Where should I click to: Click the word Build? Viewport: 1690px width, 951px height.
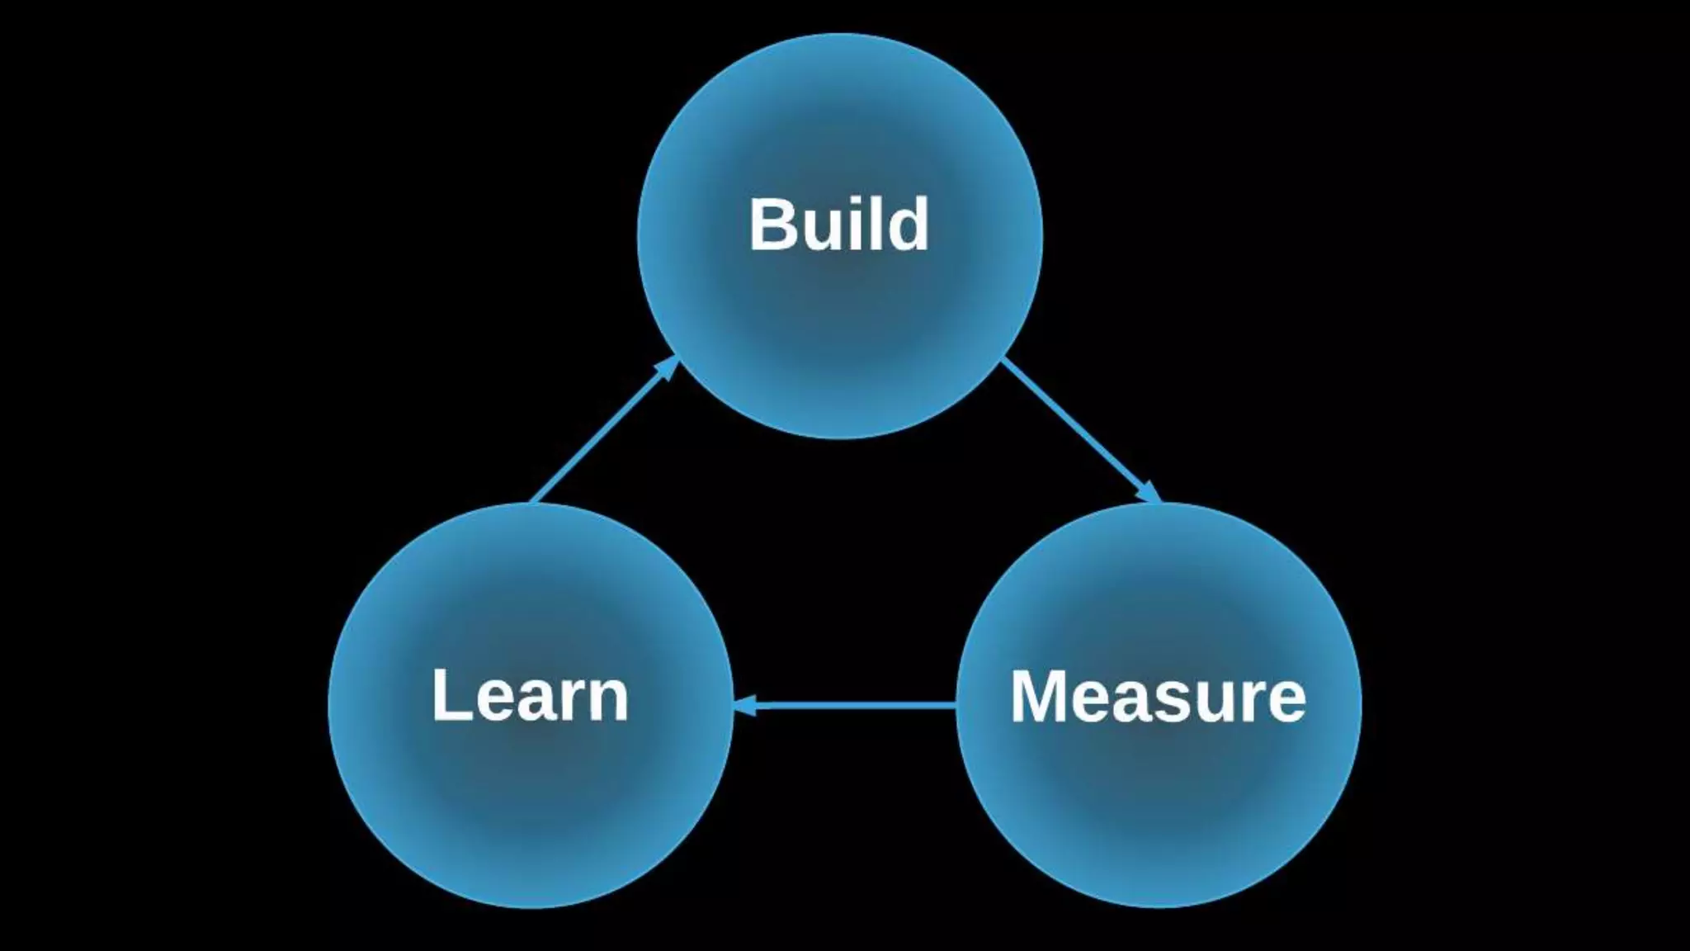[x=838, y=224]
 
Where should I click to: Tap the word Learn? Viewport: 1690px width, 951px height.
[x=530, y=696]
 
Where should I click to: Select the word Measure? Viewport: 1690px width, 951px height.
[x=1158, y=698]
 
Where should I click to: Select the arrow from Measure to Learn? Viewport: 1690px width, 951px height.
[x=850, y=706]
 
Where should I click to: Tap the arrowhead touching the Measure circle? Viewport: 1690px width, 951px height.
[x=1149, y=493]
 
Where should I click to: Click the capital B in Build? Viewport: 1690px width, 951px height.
[x=772, y=224]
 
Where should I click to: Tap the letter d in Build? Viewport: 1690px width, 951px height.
[x=907, y=224]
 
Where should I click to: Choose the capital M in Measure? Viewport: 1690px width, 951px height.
[x=1042, y=698]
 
